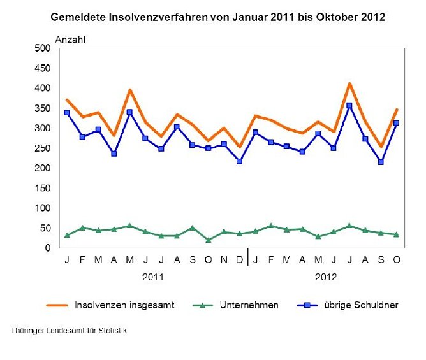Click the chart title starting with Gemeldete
click(217, 17)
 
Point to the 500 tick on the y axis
click(41, 48)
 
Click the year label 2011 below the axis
click(153, 277)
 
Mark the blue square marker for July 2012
click(349, 106)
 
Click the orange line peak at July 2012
click(349, 83)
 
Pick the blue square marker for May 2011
click(129, 112)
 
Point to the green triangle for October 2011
click(208, 240)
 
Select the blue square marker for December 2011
click(239, 161)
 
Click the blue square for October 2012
click(396, 123)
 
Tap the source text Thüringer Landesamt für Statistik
click(69, 331)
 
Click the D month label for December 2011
click(239, 260)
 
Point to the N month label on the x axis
click(224, 260)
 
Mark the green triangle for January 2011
click(67, 236)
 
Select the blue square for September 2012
click(381, 162)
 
